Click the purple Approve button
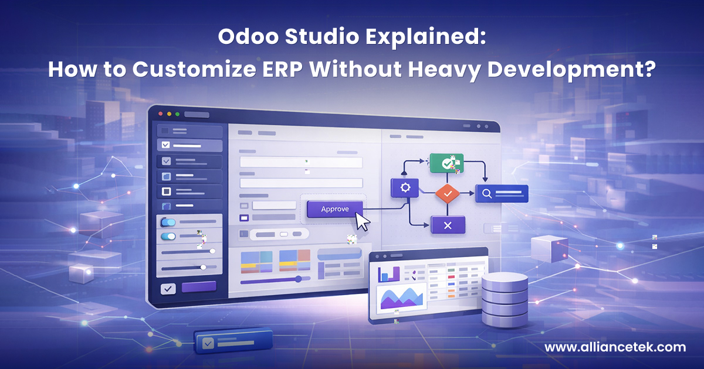[335, 209]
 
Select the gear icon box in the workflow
[404, 187]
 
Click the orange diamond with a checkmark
[448, 193]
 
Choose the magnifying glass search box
[502, 193]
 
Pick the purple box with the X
[448, 225]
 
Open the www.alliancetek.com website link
[615, 347]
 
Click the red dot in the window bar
[160, 114]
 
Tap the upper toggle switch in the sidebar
[168, 223]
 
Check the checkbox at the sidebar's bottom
[168, 289]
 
